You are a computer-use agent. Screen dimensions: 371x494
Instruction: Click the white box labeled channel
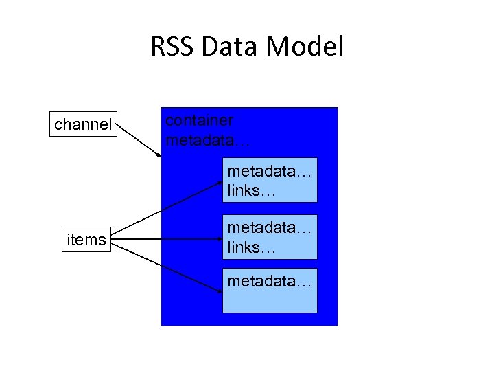83,124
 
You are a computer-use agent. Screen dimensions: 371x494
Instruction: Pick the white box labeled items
86,239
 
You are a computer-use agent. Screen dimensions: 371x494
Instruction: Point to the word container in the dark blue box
200,120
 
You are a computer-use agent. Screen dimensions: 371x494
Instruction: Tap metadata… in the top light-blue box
270,171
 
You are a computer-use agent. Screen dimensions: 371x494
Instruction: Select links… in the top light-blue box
251,190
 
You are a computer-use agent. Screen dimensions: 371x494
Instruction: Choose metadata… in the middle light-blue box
270,227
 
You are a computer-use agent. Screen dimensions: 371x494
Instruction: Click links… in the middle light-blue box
251,247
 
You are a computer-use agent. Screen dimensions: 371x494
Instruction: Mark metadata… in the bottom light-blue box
270,282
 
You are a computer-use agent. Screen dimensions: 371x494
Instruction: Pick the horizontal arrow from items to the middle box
165,239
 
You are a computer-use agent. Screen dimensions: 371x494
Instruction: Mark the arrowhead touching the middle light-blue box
218,239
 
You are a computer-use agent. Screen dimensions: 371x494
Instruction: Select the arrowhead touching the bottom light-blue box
218,290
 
